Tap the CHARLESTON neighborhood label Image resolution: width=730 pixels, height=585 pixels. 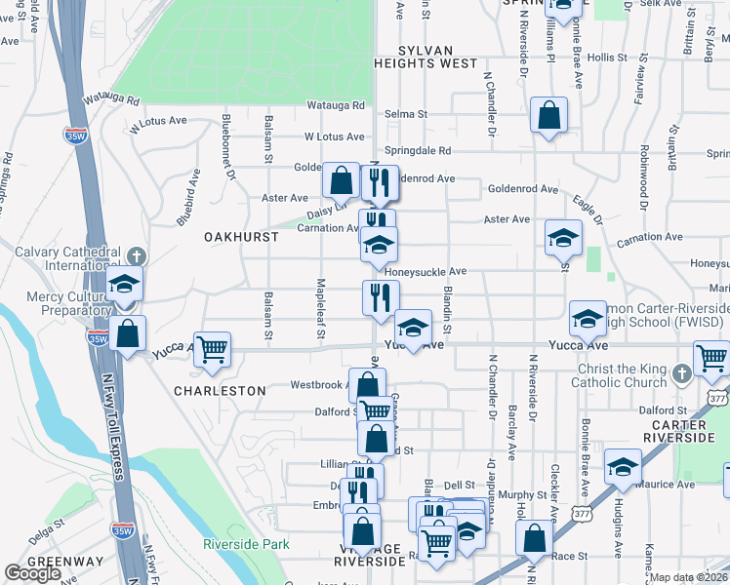220,390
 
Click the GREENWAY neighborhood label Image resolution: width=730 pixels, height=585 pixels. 64,563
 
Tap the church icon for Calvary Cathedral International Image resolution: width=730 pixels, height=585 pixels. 136,255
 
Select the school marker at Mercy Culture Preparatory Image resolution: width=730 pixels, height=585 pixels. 125,284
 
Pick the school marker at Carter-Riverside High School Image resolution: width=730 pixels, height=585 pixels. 588,318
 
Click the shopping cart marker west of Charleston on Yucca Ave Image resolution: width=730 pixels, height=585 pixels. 212,349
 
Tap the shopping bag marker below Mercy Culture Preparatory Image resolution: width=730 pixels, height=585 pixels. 128,333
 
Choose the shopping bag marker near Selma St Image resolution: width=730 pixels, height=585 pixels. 549,115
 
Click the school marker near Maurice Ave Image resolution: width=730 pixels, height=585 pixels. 623,468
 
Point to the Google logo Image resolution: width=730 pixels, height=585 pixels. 32,573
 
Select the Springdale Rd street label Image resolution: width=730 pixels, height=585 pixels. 418,151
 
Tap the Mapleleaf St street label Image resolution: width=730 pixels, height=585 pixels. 321,310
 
